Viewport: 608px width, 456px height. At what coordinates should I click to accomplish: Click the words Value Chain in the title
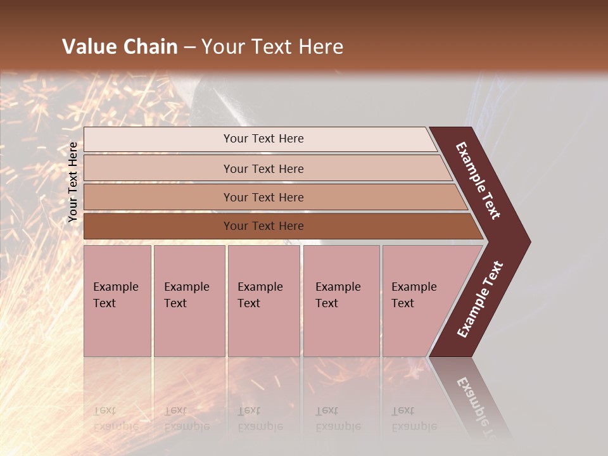click(120, 47)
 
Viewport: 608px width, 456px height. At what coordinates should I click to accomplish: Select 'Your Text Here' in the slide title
click(272, 47)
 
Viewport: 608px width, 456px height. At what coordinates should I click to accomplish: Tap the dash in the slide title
click(189, 47)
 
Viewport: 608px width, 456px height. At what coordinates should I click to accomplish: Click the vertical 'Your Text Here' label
click(73, 182)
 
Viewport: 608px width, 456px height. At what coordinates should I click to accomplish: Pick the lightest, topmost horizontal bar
click(158, 139)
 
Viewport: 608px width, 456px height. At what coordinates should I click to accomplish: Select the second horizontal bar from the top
click(158, 168)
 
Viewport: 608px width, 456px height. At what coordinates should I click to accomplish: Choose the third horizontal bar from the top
click(158, 197)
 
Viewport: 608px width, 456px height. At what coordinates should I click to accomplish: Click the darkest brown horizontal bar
click(158, 226)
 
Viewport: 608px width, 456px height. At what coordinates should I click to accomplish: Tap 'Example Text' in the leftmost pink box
click(115, 295)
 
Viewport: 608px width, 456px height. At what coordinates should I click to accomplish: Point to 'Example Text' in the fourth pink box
click(338, 295)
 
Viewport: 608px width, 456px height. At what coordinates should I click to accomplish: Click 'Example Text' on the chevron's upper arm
click(478, 180)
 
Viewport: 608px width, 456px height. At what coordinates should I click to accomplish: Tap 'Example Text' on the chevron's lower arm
click(480, 300)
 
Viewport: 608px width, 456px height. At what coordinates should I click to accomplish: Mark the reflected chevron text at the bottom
click(476, 402)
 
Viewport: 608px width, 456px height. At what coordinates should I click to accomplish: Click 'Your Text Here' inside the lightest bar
click(263, 139)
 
